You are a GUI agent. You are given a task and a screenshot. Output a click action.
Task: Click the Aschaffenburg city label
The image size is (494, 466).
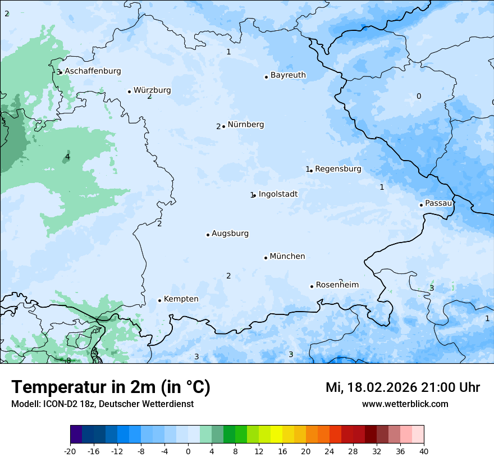93,71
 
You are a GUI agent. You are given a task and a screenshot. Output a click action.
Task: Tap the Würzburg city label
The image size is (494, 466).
152,90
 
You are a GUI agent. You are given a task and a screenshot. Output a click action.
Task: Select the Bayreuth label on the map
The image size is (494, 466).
288,75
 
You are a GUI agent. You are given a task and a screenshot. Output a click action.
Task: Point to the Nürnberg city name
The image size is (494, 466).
245,125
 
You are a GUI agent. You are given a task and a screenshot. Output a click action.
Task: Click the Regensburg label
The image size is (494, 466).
338,169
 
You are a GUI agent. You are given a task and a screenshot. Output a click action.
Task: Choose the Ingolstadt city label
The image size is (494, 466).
278,194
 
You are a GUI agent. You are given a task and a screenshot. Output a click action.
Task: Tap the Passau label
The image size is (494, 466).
438,203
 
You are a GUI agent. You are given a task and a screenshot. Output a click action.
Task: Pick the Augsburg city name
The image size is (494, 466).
230,234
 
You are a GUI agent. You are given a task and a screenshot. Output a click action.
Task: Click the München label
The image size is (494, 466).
287,257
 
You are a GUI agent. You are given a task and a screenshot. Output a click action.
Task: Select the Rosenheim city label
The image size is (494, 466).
337,285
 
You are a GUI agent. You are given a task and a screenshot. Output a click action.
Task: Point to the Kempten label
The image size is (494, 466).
181,299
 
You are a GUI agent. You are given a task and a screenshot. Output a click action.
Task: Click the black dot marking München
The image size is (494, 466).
266,258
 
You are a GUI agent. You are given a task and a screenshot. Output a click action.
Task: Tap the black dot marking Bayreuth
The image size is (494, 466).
266,77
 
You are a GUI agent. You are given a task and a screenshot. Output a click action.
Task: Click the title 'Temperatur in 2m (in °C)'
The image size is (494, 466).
111,387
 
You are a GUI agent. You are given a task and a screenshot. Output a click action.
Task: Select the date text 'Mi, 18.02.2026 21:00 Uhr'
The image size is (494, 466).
402,387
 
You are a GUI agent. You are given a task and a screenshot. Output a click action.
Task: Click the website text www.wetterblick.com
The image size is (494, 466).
405,404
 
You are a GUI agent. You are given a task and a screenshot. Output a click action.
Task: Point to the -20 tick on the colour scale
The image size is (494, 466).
70,451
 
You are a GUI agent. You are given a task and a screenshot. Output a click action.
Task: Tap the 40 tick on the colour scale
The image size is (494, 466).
424,451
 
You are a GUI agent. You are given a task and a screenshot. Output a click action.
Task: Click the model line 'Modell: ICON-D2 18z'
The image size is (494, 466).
56,404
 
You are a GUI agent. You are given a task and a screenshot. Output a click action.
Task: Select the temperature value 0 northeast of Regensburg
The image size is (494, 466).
418,97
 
